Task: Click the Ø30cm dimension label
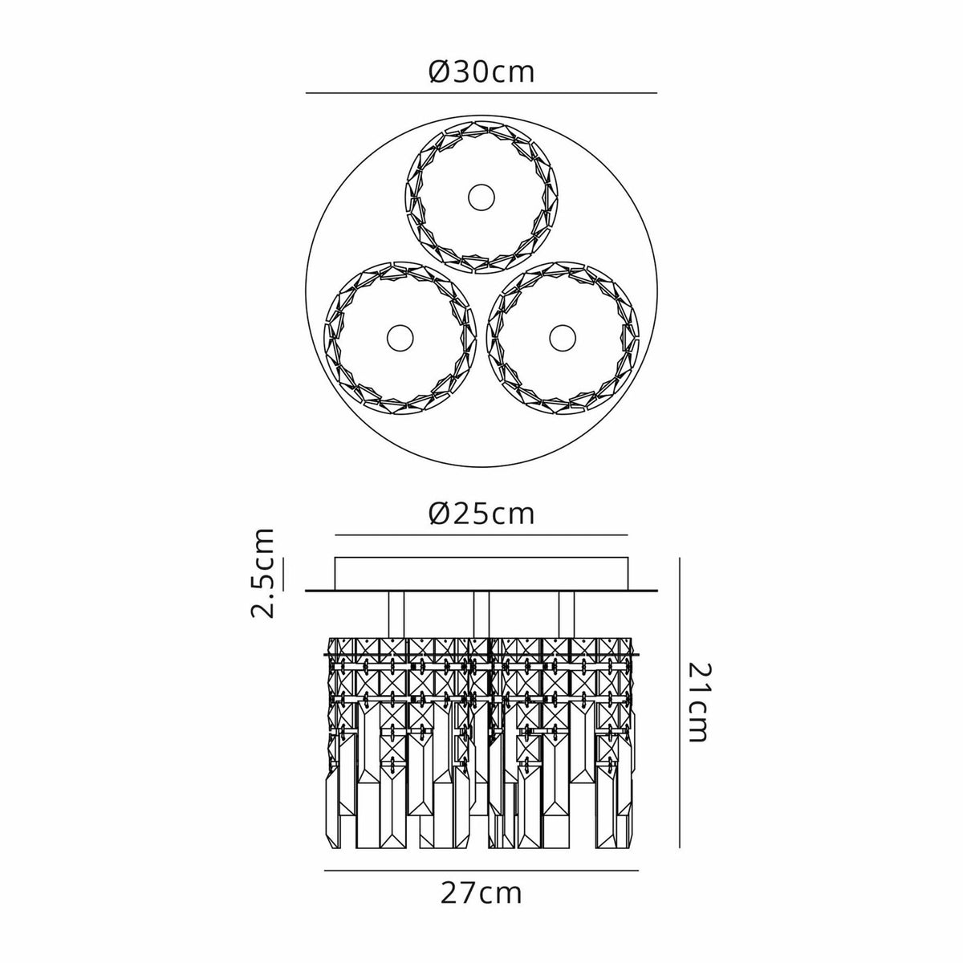[x=481, y=73]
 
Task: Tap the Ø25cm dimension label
[x=481, y=514]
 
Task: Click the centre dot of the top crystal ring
[x=481, y=197]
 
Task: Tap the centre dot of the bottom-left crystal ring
[x=400, y=339]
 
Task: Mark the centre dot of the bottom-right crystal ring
[x=563, y=339]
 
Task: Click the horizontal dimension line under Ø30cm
[x=481, y=93]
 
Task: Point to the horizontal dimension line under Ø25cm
[x=481, y=535]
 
